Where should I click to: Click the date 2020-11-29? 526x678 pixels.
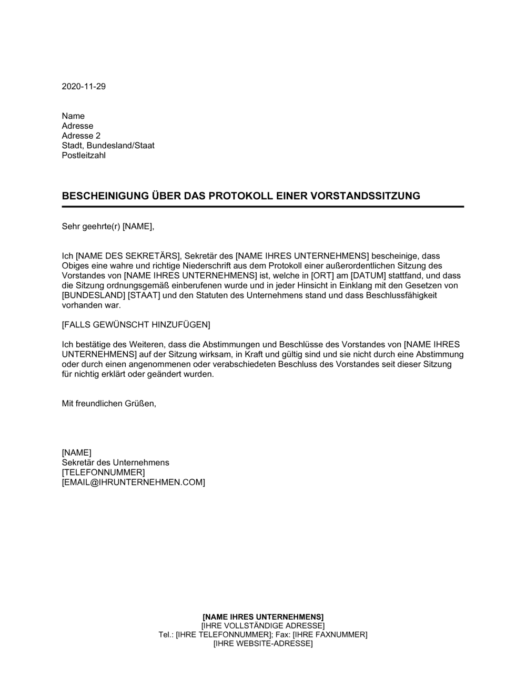tap(84, 86)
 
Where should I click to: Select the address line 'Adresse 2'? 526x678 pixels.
tap(81, 136)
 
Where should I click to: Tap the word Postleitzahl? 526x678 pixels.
tap(84, 156)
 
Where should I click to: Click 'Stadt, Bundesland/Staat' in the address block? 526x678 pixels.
tap(108, 146)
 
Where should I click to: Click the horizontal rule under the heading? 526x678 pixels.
tap(263, 207)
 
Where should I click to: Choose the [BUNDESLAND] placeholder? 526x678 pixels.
tap(94, 295)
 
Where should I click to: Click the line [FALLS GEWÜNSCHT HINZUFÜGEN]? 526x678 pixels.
tap(136, 325)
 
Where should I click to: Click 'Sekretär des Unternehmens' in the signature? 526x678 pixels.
tap(115, 463)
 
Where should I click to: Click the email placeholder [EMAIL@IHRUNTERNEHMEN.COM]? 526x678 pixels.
tap(133, 482)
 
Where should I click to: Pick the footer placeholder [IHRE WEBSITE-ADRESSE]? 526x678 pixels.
tap(263, 643)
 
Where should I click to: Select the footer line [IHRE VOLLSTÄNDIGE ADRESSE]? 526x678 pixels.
tap(263, 625)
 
